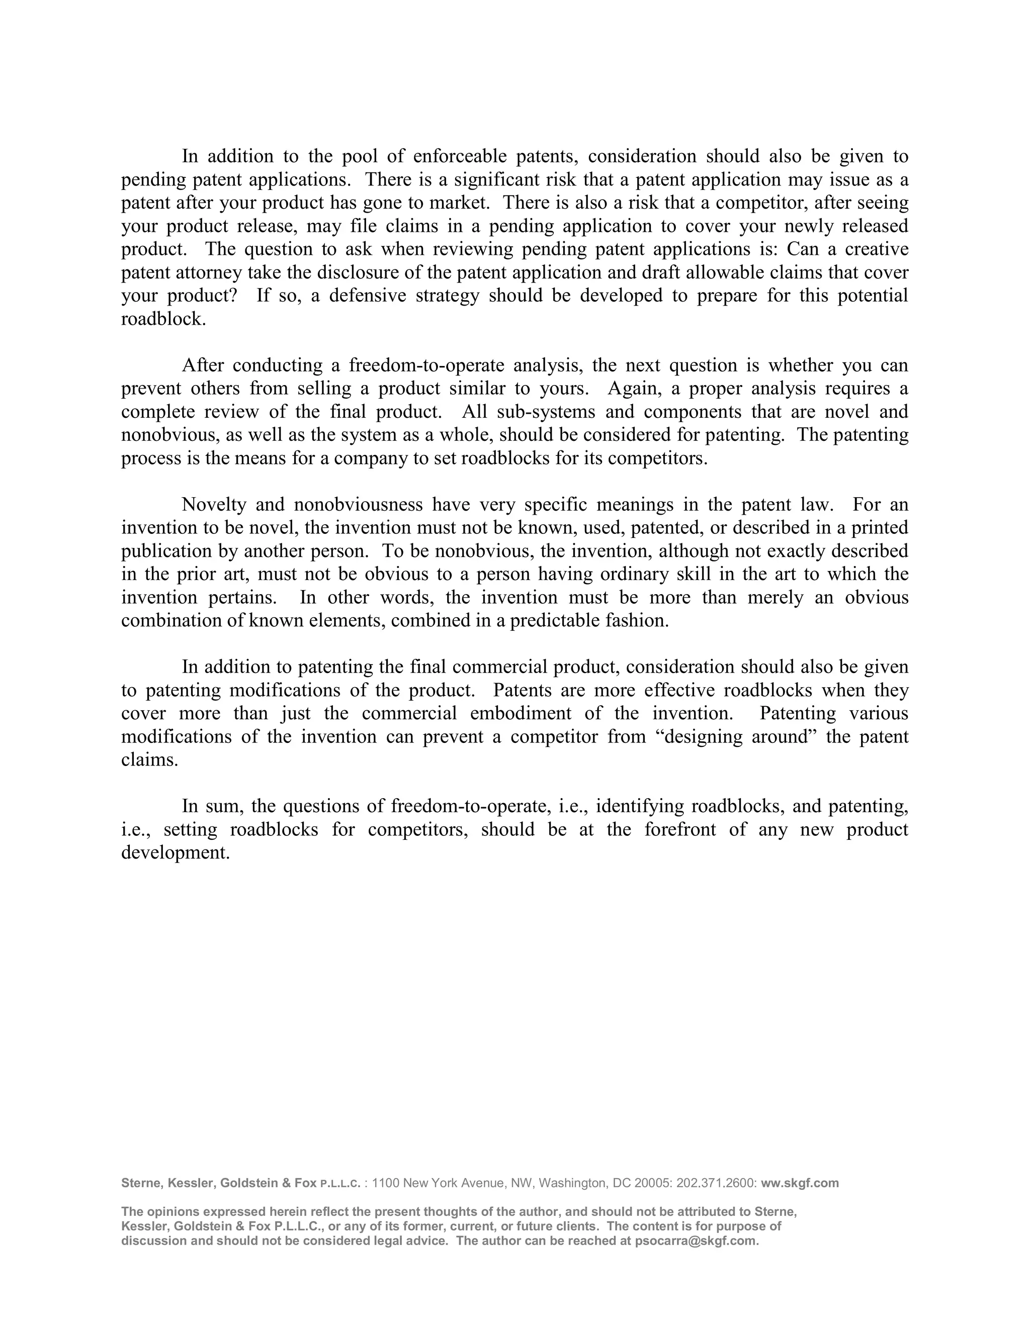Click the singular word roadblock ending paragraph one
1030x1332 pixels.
163,319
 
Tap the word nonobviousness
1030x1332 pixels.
358,505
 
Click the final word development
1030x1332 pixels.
175,852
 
